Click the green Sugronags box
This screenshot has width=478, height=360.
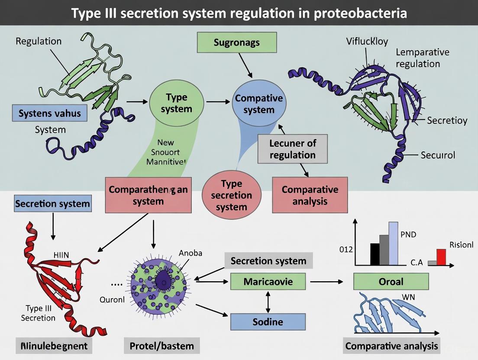pyautogui.click(x=236, y=42)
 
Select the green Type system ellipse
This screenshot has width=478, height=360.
pyautogui.click(x=176, y=103)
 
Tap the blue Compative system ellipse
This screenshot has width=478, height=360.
pyautogui.click(x=258, y=104)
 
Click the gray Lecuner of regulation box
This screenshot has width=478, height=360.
pyautogui.click(x=292, y=149)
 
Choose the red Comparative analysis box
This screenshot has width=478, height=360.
pyautogui.click(x=310, y=195)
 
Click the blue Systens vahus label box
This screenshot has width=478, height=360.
pyautogui.click(x=49, y=114)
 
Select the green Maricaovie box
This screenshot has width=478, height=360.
pyautogui.click(x=268, y=282)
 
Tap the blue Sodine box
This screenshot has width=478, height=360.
pyautogui.click(x=268, y=322)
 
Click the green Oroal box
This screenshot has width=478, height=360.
pyautogui.click(x=391, y=282)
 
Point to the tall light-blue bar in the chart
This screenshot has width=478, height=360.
pyautogui.click(x=393, y=243)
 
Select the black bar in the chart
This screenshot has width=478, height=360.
pyautogui.click(x=375, y=254)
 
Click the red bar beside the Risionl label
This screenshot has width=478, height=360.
pyautogui.click(x=441, y=257)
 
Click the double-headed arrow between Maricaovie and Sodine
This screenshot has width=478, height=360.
pyautogui.click(x=268, y=302)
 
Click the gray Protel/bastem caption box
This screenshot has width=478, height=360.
pyautogui.click(x=162, y=346)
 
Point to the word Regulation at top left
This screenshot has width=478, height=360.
pyautogui.click(x=39, y=42)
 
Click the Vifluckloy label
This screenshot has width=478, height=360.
pyautogui.click(x=367, y=42)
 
